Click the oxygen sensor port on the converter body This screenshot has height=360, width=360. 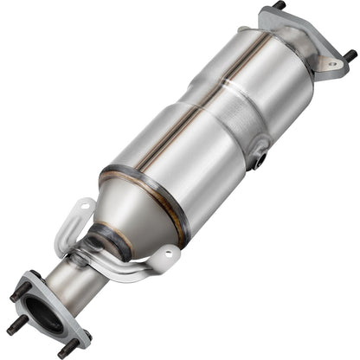pyautogui.click(x=258, y=160)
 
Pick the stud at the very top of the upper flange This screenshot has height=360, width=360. pyautogui.click(x=279, y=5)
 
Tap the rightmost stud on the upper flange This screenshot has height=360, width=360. pyautogui.click(x=350, y=55)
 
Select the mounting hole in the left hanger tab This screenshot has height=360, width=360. pyautogui.click(x=83, y=209)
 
